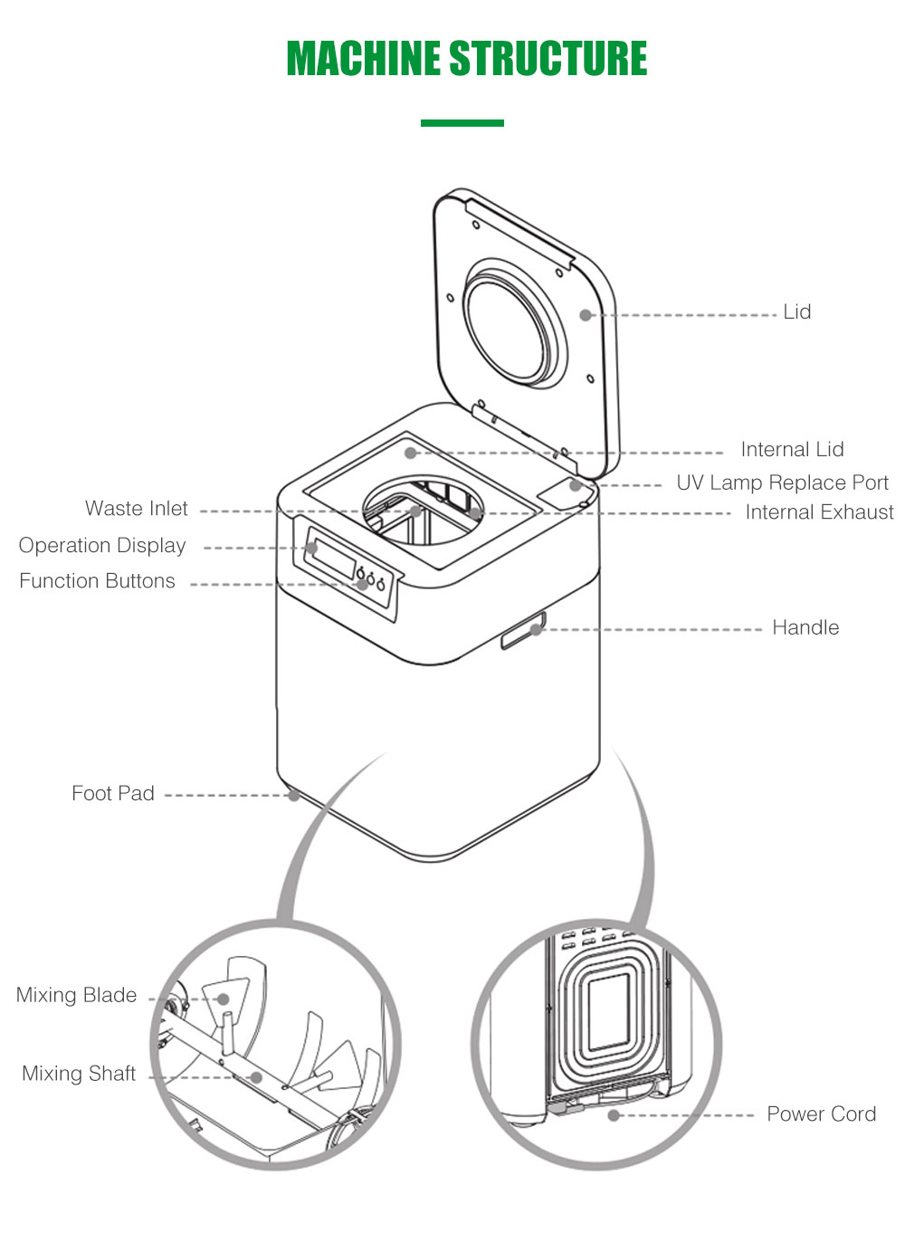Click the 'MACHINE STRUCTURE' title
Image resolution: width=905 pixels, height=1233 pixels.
466,59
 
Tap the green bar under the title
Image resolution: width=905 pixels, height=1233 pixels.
462,123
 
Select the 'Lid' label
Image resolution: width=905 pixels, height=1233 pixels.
796,312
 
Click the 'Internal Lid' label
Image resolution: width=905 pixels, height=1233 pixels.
792,450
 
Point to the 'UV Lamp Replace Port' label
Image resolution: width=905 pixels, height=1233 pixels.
782,483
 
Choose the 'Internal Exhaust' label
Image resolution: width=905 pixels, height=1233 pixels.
819,512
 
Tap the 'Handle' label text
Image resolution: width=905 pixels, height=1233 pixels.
805,627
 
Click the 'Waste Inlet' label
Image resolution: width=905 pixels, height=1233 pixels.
137,509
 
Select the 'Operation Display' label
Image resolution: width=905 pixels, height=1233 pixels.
102,546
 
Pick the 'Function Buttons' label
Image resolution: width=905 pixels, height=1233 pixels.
98,581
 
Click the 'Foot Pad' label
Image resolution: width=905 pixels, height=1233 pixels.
113,794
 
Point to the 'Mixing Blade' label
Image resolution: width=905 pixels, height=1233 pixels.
77,995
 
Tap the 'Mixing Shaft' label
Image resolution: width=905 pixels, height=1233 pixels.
79,1074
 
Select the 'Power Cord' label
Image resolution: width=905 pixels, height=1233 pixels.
821,1114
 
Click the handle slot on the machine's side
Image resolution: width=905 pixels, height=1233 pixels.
524,629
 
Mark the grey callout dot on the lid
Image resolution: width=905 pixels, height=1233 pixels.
586,315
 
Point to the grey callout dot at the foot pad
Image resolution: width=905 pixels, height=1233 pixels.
293,796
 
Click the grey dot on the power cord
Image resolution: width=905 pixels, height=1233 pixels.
614,1115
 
